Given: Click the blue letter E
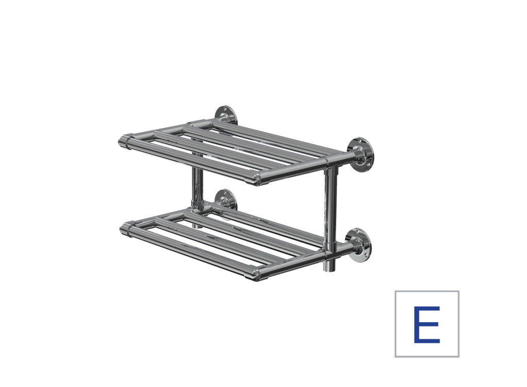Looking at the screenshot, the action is (427, 324).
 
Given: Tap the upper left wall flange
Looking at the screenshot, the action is (225, 115).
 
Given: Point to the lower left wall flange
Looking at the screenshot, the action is (225, 200).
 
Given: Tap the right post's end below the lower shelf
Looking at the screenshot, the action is (329, 266).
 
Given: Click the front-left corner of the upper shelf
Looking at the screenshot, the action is (126, 142).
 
